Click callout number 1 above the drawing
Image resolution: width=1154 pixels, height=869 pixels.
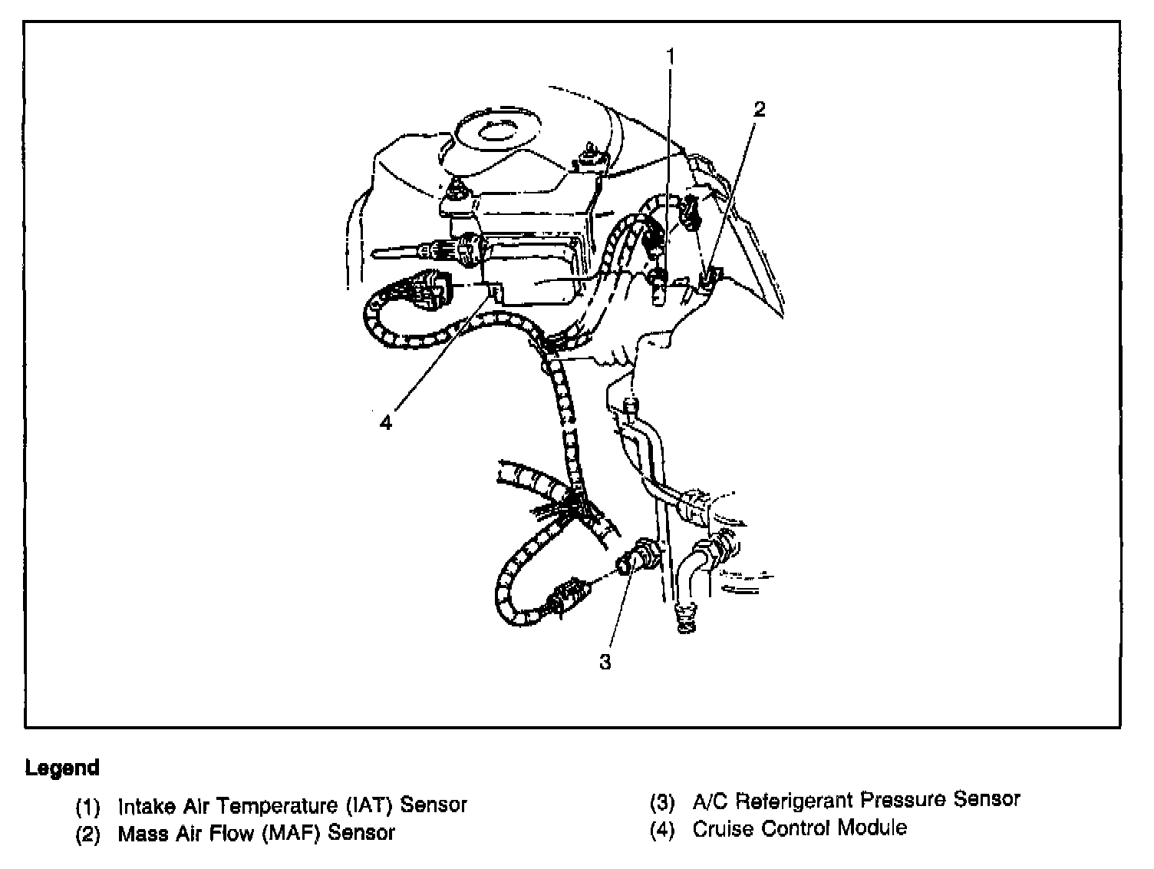point(670,56)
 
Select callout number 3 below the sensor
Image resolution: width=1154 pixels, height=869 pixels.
point(605,662)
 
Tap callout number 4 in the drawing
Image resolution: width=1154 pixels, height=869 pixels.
point(385,421)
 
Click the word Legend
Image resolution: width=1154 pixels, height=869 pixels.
point(62,768)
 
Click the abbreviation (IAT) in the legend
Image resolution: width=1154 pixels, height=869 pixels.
point(369,805)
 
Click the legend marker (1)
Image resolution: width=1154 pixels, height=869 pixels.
point(88,806)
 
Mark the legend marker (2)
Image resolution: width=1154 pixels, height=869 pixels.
point(88,834)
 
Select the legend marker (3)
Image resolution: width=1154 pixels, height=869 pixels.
point(662,801)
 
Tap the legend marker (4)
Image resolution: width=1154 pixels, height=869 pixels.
point(662,829)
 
